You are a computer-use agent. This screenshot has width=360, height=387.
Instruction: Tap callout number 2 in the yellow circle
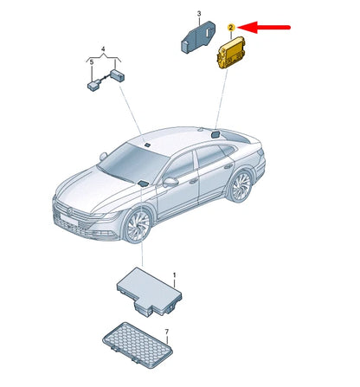pyautogui.click(x=231, y=29)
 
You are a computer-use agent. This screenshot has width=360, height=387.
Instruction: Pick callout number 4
pyautogui.click(x=103, y=50)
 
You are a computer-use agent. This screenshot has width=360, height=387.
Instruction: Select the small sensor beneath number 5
pyautogui.click(x=92, y=86)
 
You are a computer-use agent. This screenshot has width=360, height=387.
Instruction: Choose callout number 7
pyautogui.click(x=168, y=332)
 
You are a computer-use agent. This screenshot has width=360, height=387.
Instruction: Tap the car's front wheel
pyautogui.click(x=138, y=228)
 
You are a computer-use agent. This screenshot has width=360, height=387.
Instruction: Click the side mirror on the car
pyautogui.click(x=170, y=182)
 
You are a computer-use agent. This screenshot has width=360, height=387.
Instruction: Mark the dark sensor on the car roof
pyautogui.click(x=215, y=134)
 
